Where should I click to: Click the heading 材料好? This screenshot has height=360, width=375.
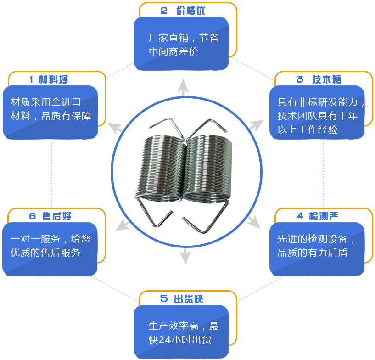tap(53, 79)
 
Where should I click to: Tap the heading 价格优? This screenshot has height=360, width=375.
tap(190, 11)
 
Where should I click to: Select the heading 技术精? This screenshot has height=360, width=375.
tap(327, 79)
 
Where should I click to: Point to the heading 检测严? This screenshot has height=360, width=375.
tap(323, 216)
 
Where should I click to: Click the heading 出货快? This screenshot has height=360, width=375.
tap(189, 299)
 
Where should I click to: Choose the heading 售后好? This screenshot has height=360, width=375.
tap(56, 216)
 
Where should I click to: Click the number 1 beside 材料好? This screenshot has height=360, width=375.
tap(31, 79)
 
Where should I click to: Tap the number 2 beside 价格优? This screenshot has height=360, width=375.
tap(164, 11)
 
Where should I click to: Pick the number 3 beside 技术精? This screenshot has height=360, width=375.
tap(300, 79)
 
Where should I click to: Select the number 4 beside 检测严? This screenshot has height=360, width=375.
tap(300, 216)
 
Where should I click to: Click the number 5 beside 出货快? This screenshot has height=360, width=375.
tap(164, 299)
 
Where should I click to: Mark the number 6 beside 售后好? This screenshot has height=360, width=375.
tap(33, 216)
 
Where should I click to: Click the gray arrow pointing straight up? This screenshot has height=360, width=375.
tap(183, 87)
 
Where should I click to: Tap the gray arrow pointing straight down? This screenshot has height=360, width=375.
tap(185, 256)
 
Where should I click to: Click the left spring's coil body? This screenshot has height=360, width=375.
tap(161, 168)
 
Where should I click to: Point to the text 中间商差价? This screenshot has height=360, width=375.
tap(174, 51)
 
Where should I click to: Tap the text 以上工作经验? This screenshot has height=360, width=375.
tap(308, 129)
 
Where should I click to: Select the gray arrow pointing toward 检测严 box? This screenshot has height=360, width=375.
tap(254, 221)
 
